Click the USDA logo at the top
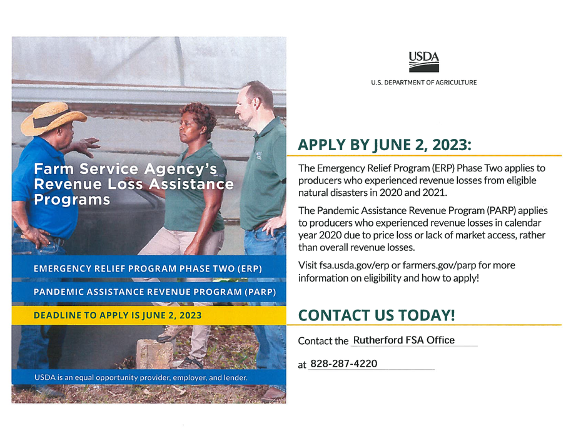[x=423, y=62]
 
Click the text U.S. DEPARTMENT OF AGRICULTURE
[x=423, y=83]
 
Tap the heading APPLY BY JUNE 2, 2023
[x=384, y=145]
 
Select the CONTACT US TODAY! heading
[x=376, y=315]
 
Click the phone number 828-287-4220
[x=343, y=364]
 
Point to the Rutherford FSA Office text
[x=403, y=340]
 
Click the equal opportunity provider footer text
[x=141, y=378]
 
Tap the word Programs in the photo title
[x=72, y=200]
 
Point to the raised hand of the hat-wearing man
[x=88, y=146]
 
